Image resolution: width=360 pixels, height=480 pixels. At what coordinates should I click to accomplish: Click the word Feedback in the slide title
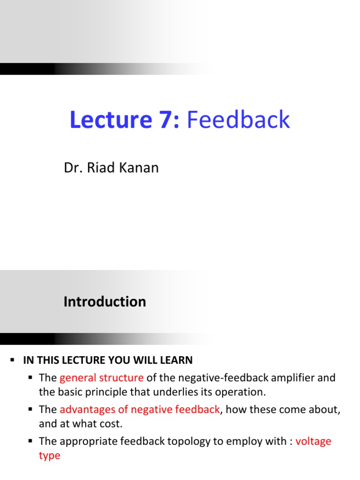click(239, 120)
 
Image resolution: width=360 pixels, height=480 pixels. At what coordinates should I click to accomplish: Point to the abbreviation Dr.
click(71, 168)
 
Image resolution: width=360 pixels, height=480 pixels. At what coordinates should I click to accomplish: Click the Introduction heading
click(105, 302)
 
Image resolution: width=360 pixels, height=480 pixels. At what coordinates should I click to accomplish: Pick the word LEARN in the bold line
click(176, 360)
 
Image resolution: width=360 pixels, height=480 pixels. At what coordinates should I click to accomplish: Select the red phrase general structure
click(101, 378)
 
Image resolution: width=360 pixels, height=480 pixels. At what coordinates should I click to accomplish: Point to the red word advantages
click(87, 410)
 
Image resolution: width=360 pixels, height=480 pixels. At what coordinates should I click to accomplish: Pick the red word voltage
click(313, 442)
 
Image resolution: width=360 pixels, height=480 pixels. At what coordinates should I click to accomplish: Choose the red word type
click(49, 456)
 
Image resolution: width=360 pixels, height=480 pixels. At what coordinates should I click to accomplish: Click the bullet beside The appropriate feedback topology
click(30, 442)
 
